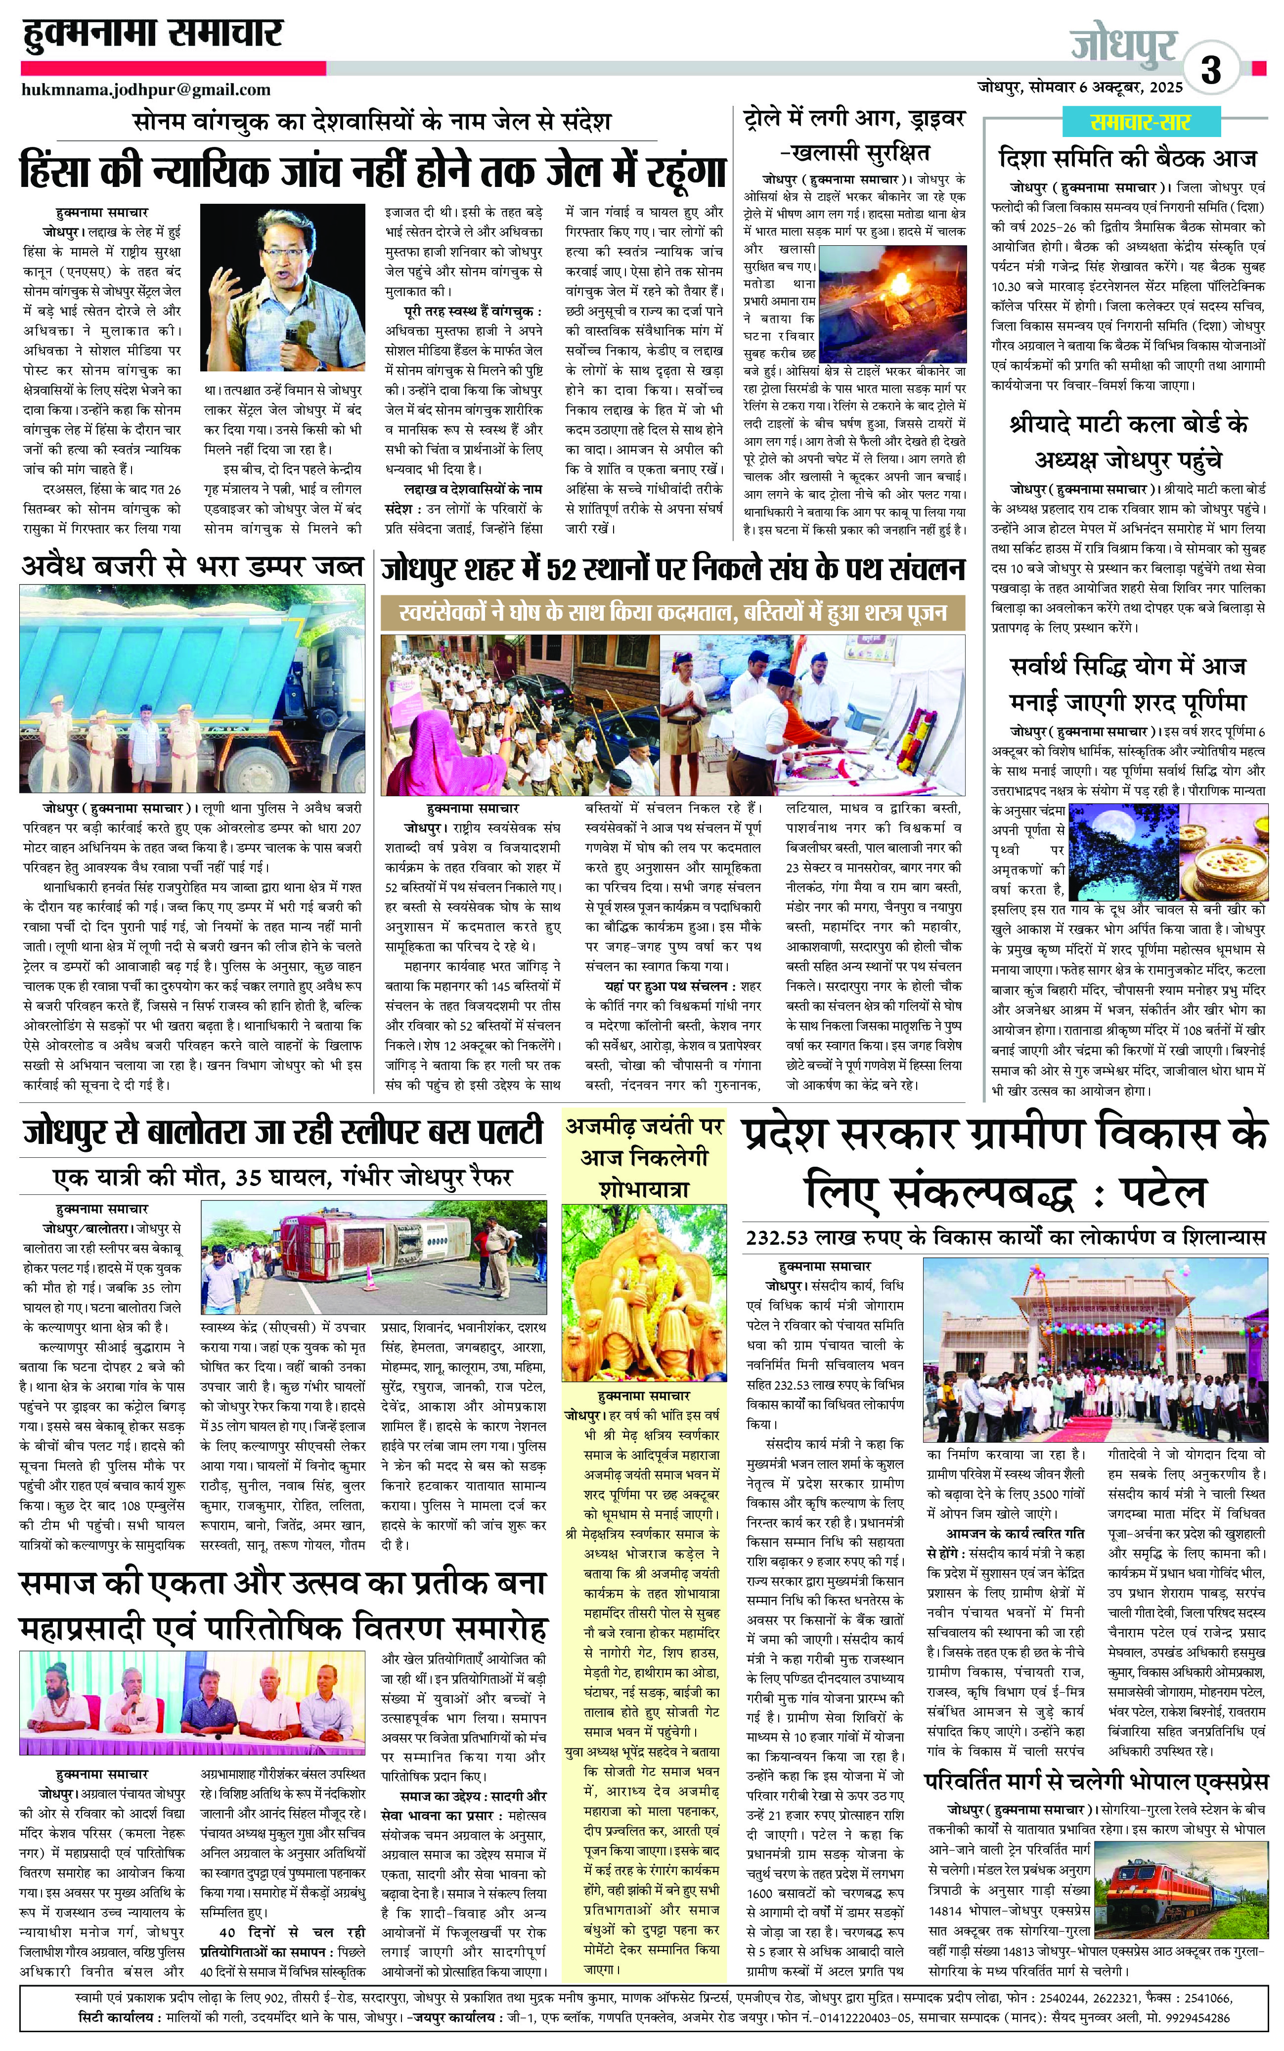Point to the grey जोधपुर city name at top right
(x=1123, y=44)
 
